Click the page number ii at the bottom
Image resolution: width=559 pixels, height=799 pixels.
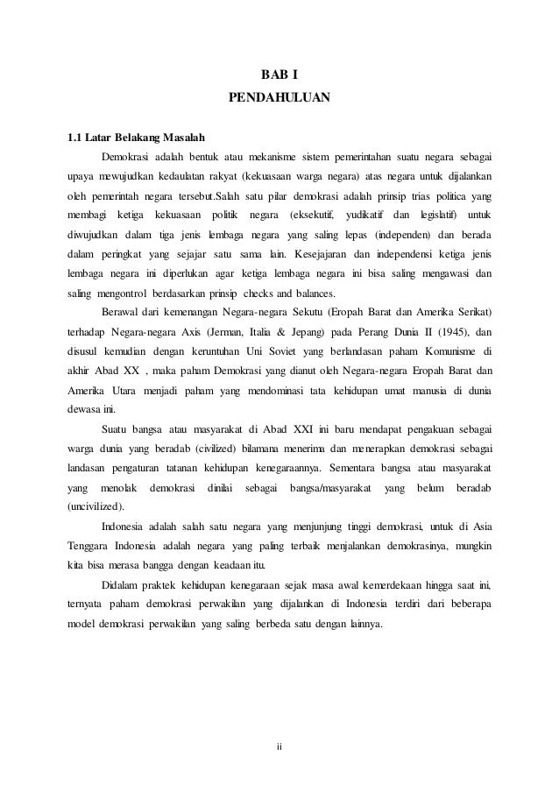279,747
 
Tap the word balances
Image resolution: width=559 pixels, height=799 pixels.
322,293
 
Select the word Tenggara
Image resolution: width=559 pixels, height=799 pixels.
92,546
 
